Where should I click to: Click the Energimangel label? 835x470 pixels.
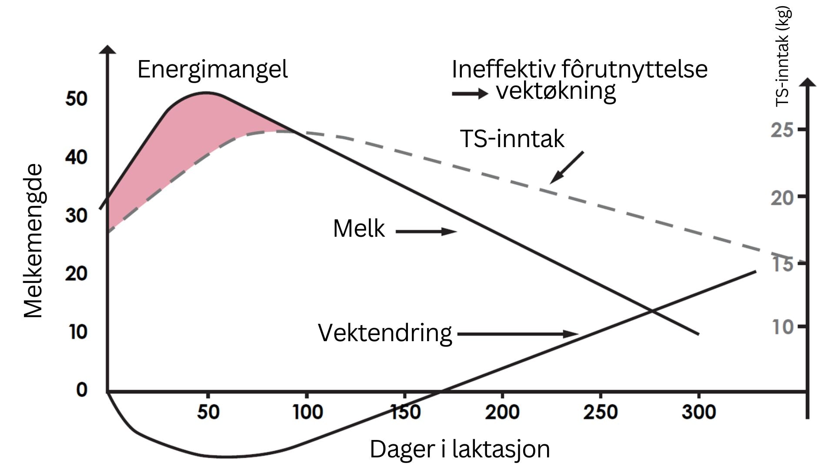tap(212, 70)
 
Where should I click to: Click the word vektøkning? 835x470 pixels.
tap(556, 91)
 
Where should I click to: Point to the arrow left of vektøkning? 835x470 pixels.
tap(470, 94)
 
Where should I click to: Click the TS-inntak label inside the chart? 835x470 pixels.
tap(512, 139)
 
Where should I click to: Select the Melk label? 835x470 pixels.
tap(359, 228)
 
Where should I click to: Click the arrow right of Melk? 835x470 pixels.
tap(426, 232)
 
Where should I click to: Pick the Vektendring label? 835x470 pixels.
tap(385, 333)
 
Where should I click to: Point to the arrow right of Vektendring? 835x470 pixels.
tap(518, 334)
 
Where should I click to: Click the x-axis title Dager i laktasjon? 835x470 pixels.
tap(460, 449)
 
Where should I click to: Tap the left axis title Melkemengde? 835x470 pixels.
tap(33, 241)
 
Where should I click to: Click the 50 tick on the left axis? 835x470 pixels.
tap(77, 99)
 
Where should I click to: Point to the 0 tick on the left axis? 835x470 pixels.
tap(81, 389)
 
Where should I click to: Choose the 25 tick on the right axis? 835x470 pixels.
tap(782, 130)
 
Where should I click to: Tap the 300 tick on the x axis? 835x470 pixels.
tap(698, 412)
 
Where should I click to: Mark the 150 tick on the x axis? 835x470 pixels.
tap(405, 412)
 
